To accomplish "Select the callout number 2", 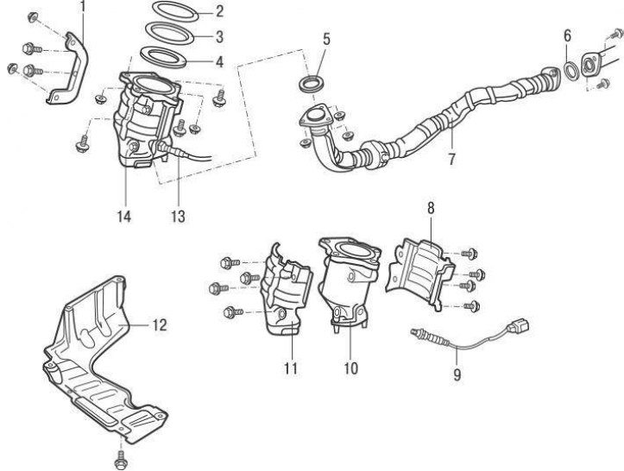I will (x=219, y=12).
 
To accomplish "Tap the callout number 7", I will (x=451, y=158).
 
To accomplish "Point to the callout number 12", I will (x=159, y=325).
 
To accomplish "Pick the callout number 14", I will (x=125, y=216).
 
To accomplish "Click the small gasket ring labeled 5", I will (x=312, y=85).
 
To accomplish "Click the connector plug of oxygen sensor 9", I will (x=520, y=326).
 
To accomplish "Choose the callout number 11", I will (x=290, y=368).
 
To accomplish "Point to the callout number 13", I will (x=178, y=216).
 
